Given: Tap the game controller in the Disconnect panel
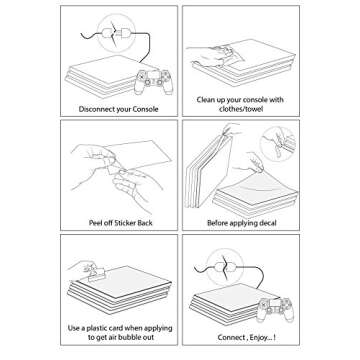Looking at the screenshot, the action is (x=153, y=81).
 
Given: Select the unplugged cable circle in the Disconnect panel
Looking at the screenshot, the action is (x=116, y=33).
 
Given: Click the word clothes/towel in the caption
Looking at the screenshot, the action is (x=241, y=109).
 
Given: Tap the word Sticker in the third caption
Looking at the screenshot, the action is (x=125, y=223).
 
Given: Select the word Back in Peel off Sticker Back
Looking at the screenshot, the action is (x=145, y=223).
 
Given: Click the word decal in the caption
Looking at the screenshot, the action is (x=267, y=223).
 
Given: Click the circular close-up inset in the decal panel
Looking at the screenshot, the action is (x=278, y=144).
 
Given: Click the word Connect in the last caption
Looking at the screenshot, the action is (x=231, y=337).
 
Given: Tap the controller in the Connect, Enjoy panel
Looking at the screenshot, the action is (x=275, y=309).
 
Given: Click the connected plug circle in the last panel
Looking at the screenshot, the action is (x=225, y=266).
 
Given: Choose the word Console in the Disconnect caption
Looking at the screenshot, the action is (x=145, y=109).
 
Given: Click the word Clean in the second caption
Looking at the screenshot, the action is (x=205, y=100).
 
